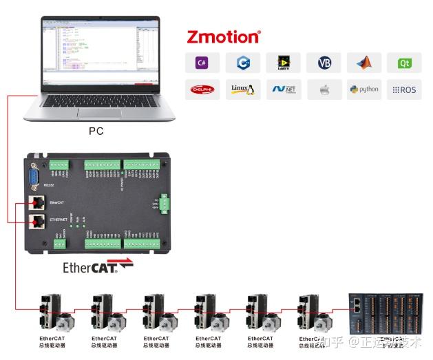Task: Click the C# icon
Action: (x=202, y=63)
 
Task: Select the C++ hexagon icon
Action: (x=242, y=63)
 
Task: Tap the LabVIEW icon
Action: (x=283, y=63)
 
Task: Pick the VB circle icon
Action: (x=324, y=63)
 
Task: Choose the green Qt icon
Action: (x=404, y=63)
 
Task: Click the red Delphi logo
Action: (x=202, y=89)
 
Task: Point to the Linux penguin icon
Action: (x=242, y=89)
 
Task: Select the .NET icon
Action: (x=283, y=89)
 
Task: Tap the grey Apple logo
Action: (x=324, y=89)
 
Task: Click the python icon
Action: (x=363, y=89)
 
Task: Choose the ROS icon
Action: (x=404, y=89)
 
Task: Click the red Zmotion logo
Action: (x=223, y=36)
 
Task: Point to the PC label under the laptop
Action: (x=96, y=131)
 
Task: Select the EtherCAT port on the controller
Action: (x=36, y=202)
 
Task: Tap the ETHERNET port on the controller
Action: (x=36, y=222)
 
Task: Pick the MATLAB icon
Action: (x=363, y=63)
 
